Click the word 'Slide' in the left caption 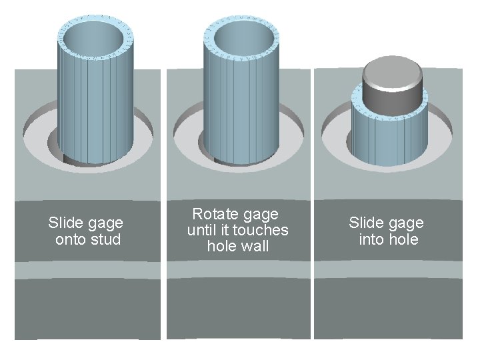click(x=64, y=223)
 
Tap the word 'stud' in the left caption click(x=105, y=239)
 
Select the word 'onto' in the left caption click(x=71, y=239)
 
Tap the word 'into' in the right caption click(x=371, y=239)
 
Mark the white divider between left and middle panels click(x=163, y=200)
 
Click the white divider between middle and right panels click(x=312, y=200)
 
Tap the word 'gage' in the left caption click(x=105, y=223)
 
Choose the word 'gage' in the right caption click(x=406, y=223)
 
